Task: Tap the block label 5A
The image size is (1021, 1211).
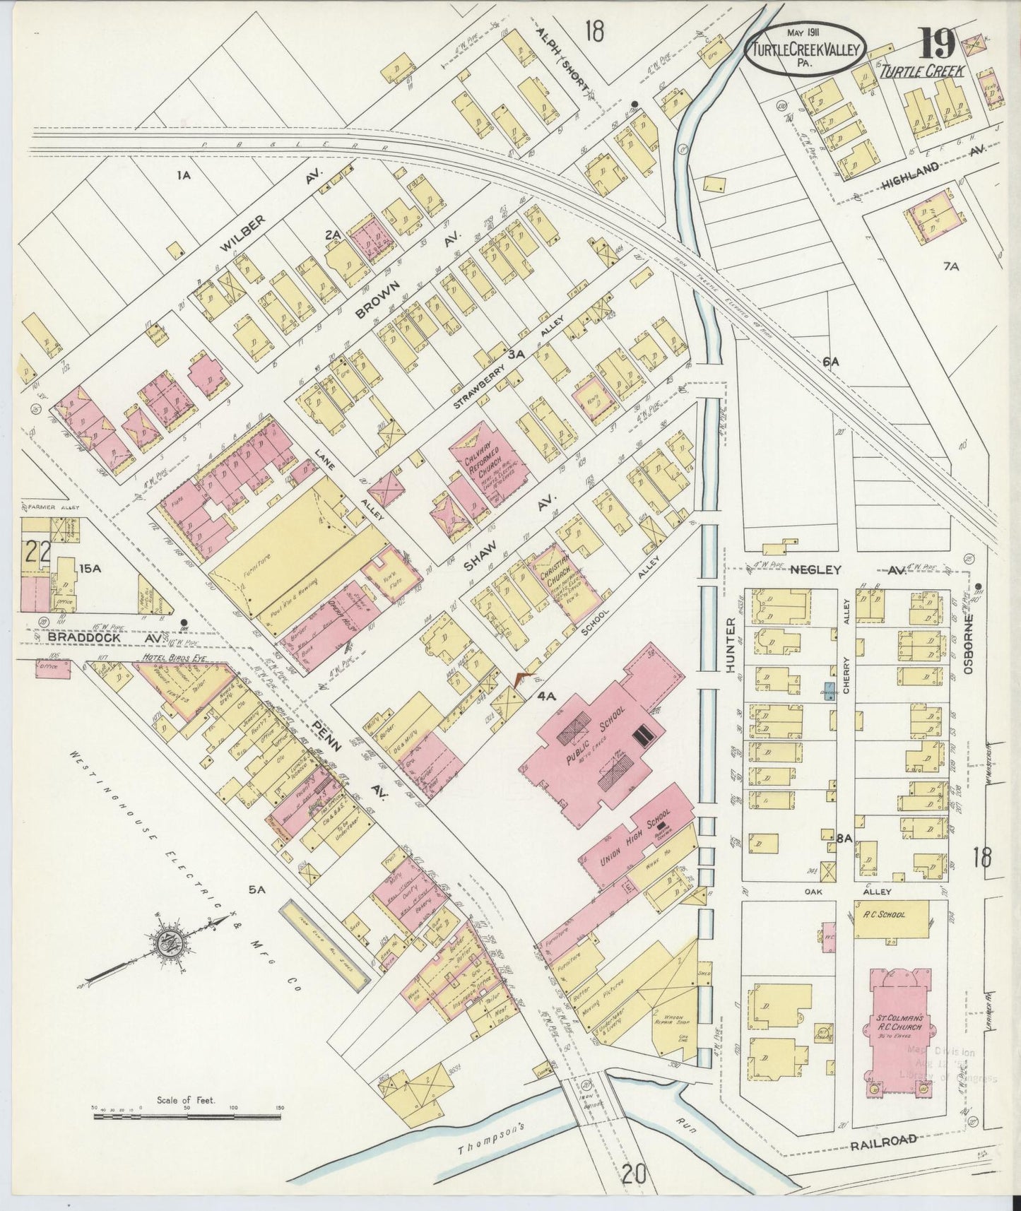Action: coord(256,891)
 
